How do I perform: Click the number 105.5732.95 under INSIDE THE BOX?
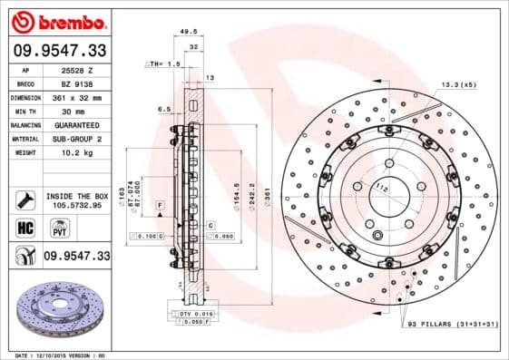click(x=76, y=205)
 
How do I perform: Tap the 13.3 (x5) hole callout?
click(x=458, y=84)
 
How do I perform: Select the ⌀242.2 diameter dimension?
click(x=250, y=196)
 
